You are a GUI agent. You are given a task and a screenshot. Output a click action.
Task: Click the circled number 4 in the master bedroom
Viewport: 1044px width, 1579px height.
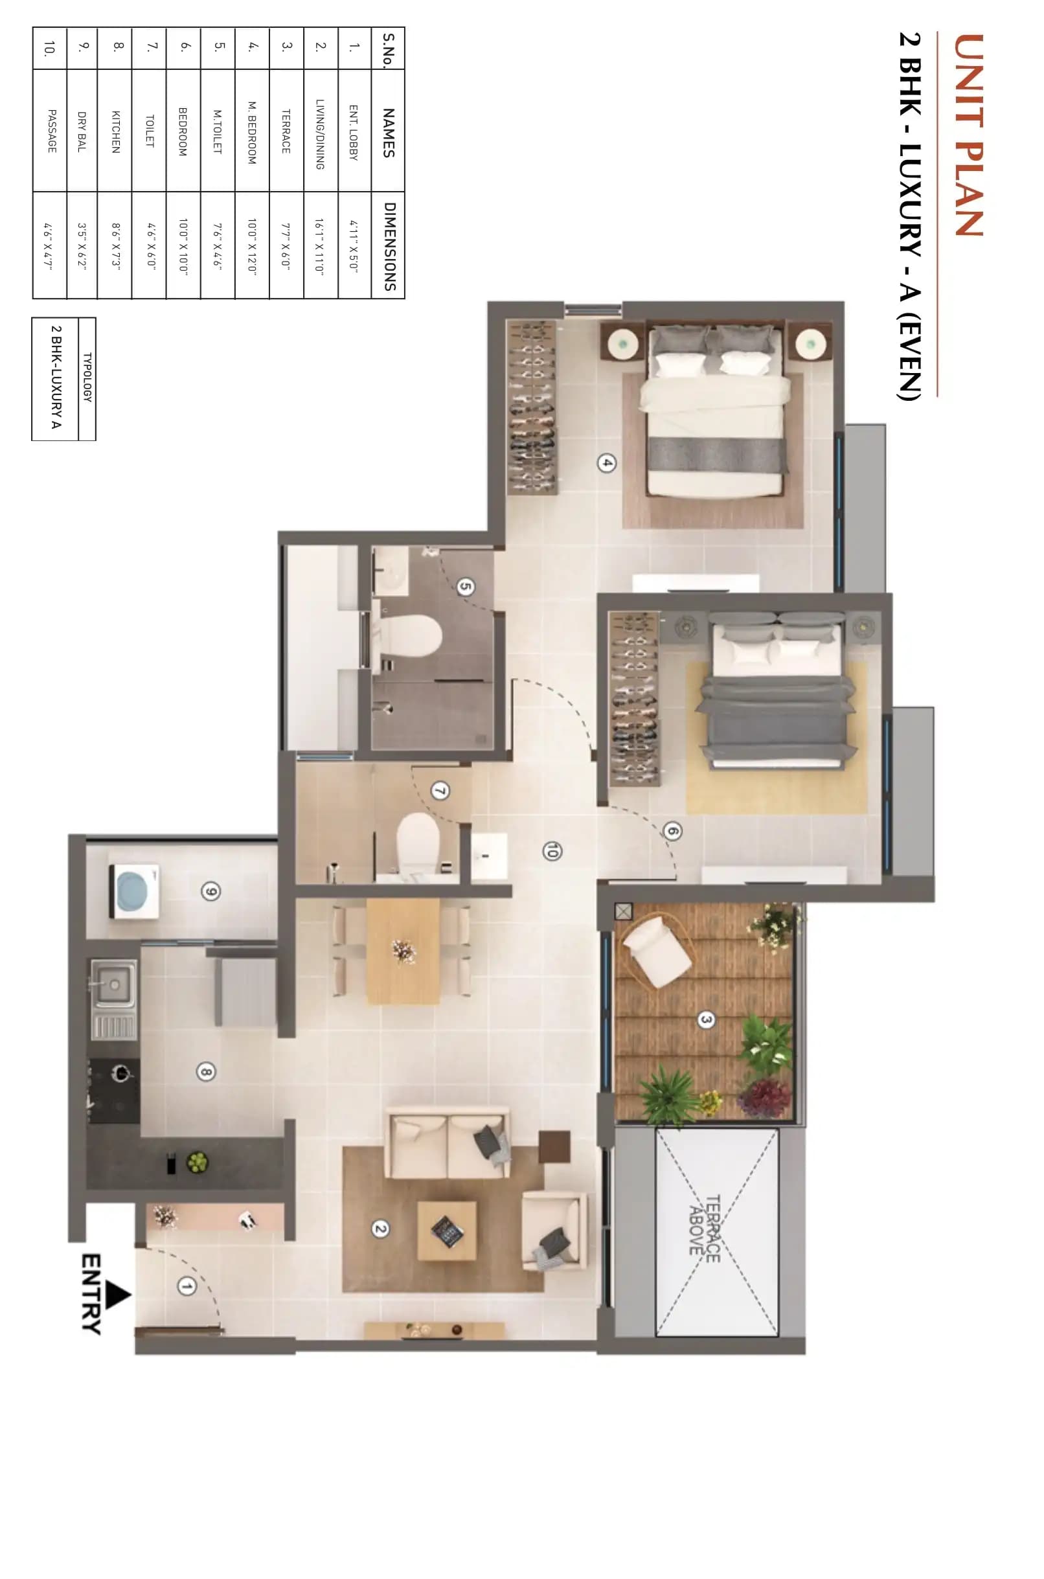pos(606,462)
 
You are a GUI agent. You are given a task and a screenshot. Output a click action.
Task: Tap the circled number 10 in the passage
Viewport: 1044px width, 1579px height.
pos(551,851)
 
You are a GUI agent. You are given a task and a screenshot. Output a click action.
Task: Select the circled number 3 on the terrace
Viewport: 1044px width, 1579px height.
pos(706,1019)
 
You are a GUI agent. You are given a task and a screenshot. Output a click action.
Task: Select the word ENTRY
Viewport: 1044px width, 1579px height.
pos(92,1294)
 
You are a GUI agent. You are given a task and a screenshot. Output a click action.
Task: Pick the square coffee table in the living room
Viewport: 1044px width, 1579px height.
pos(447,1230)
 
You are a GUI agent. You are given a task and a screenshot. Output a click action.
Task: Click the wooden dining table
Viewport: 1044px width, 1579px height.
pos(403,951)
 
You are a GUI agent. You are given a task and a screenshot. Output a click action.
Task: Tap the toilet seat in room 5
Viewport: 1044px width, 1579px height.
pos(413,636)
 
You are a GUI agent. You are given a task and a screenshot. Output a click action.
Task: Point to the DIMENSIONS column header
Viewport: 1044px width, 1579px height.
pos(389,246)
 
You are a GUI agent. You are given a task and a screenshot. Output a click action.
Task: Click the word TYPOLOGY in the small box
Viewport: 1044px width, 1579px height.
pos(87,377)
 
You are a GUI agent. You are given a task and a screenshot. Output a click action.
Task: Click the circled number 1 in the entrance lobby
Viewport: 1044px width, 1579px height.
pos(187,1287)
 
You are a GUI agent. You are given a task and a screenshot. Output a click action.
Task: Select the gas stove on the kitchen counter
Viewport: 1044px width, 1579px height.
pos(115,1090)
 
